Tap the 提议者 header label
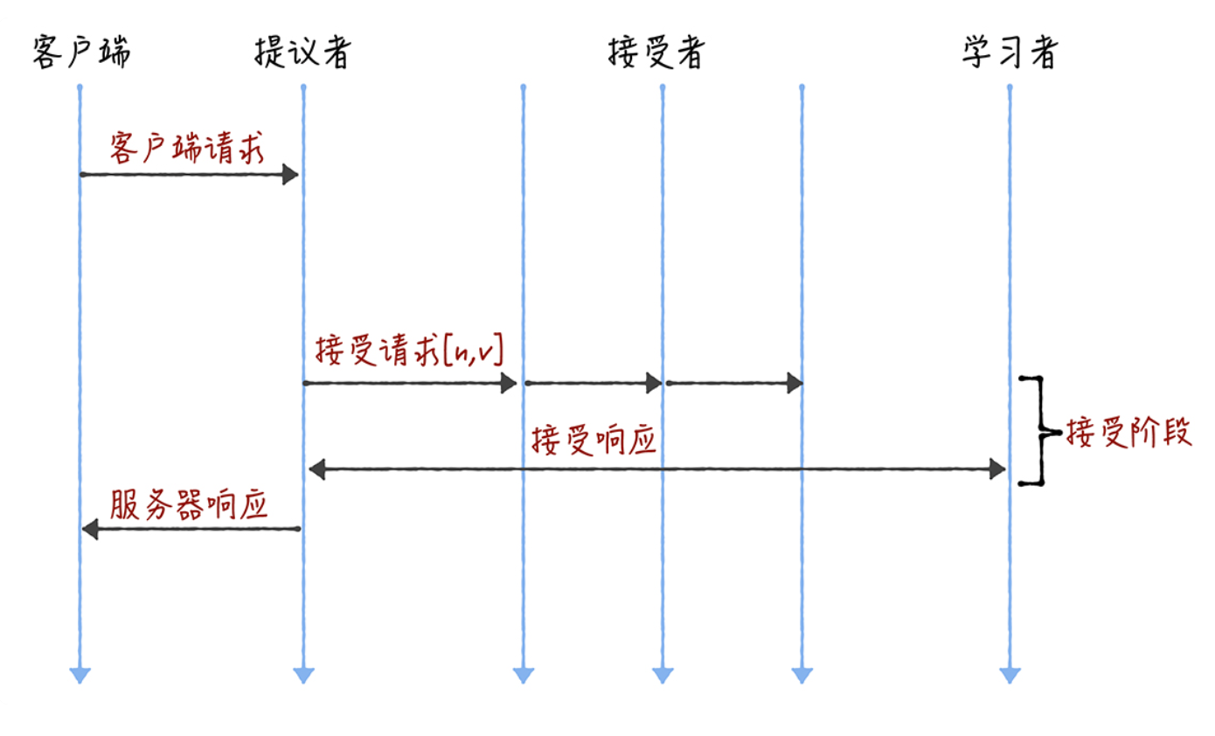pos(302,53)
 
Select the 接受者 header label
pos(656,53)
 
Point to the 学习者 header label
pos(1010,53)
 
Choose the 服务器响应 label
pos(188,504)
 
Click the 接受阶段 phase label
pos(1128,432)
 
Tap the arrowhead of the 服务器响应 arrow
pos(91,529)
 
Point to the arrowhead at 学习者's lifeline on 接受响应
pos(996,470)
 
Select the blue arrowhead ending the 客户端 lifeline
pos(80,675)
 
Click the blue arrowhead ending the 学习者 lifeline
pos(1010,675)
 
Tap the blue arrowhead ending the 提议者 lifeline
pos(303,675)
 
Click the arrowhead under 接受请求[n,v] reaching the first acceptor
pos(509,383)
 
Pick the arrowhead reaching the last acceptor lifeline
pos(794,383)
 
